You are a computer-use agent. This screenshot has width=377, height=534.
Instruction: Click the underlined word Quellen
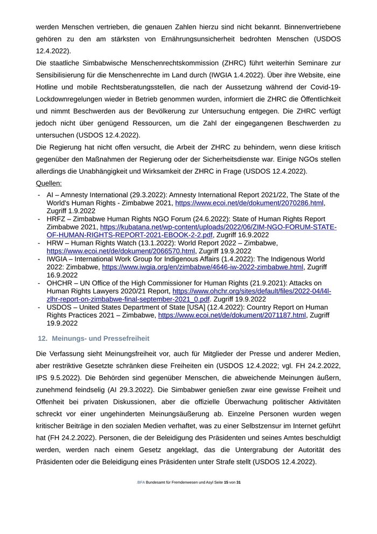pyautogui.click(x=48, y=183)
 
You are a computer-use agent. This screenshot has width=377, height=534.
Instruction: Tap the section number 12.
pyautogui.click(x=42, y=338)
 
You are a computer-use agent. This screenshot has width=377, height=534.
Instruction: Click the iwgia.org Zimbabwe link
pyautogui.click(x=203, y=267)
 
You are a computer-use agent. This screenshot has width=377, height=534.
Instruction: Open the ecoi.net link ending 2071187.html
pyautogui.click(x=232, y=315)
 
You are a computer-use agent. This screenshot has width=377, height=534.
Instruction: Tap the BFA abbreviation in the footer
pyautogui.click(x=141, y=482)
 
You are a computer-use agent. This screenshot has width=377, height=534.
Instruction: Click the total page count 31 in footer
pyautogui.click(x=239, y=482)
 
